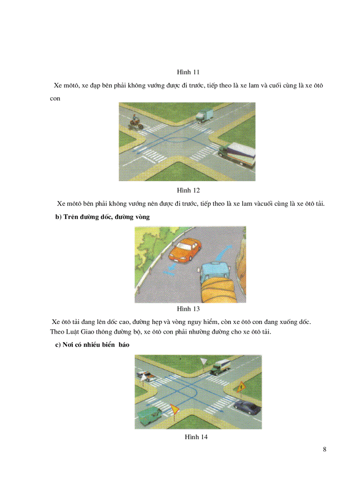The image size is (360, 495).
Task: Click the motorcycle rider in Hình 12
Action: (x=135, y=123)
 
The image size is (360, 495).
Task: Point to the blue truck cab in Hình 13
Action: (x=214, y=272)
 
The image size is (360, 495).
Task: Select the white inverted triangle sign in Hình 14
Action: (x=203, y=362)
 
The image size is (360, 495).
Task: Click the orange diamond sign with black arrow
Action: (x=241, y=387)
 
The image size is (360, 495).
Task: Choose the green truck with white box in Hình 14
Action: (x=220, y=366)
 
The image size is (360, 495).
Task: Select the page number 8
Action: (x=325, y=450)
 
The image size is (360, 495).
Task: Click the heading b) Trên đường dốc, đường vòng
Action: (x=102, y=217)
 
